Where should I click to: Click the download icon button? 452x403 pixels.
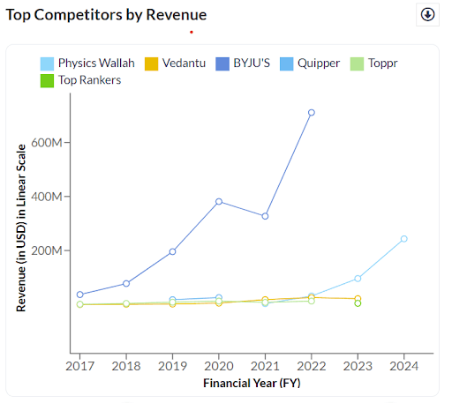427,14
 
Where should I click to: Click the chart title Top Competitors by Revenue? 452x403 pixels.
106,15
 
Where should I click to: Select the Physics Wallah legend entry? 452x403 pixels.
87,63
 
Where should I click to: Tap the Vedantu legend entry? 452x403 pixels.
175,63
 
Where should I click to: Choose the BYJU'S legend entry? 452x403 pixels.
243,63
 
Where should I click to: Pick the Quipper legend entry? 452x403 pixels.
310,63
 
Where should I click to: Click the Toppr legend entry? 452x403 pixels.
373,63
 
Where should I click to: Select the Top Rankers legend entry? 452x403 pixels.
80,80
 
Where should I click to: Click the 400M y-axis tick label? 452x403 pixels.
47,197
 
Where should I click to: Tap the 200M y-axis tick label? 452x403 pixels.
47,250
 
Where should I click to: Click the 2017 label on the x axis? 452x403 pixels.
79,366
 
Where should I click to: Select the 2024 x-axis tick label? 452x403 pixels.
404,366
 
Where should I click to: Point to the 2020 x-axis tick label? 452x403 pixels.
219,366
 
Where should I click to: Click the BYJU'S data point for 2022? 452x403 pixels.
312,113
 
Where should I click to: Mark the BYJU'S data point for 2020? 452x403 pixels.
219,202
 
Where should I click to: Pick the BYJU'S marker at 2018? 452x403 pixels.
126,284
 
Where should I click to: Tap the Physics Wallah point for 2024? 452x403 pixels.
404,239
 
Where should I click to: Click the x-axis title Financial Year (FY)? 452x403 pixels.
252,384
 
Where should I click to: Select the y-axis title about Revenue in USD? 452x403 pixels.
21,228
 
